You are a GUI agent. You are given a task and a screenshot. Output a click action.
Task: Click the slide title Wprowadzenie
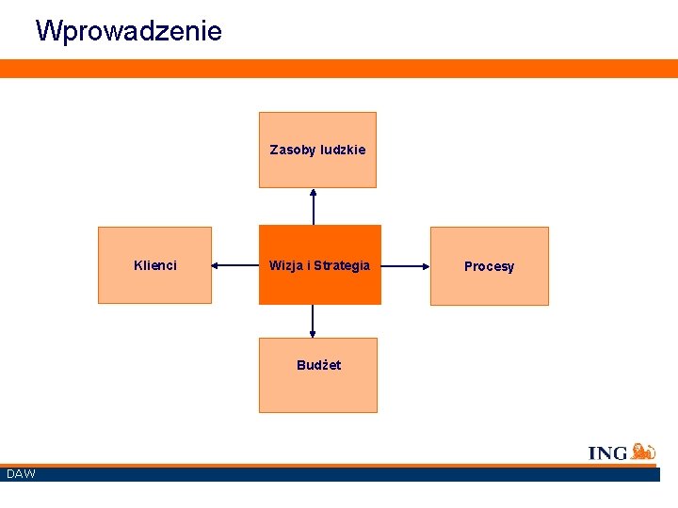129,31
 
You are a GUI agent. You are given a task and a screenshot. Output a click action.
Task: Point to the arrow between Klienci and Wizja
235,266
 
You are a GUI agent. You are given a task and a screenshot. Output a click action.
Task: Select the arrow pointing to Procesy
405,266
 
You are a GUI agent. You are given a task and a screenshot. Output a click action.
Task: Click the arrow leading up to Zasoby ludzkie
314,207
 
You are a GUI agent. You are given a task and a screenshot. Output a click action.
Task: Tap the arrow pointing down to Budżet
313,321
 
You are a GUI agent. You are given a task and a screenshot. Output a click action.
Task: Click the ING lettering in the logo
607,453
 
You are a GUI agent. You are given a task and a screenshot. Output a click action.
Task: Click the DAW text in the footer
21,473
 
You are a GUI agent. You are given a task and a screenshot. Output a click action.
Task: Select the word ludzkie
343,150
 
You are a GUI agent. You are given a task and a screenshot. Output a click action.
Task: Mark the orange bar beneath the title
339,68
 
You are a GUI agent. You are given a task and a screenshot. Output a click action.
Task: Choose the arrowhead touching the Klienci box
216,266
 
